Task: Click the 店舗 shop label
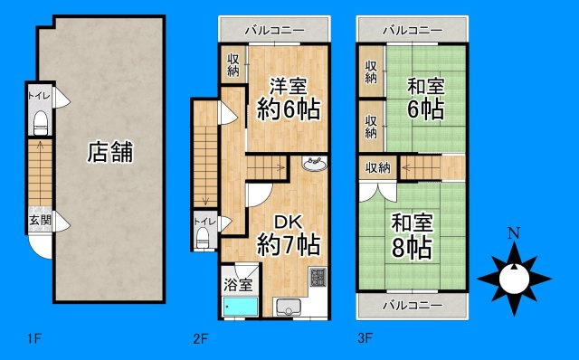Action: pos(110,152)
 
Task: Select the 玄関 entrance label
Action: pos(39,220)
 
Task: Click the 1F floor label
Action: pos(34,340)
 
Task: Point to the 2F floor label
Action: pos(200,340)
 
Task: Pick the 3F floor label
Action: pos(365,340)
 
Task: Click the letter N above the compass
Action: pos(514,234)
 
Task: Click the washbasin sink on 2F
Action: pos(314,165)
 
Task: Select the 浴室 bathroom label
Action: pos(238,284)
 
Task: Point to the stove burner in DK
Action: pos(318,278)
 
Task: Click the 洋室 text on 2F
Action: pos(289,87)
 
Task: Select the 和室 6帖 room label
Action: pos(424,98)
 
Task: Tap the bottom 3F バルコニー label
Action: pos(412,305)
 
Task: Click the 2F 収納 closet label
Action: pos(233,65)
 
